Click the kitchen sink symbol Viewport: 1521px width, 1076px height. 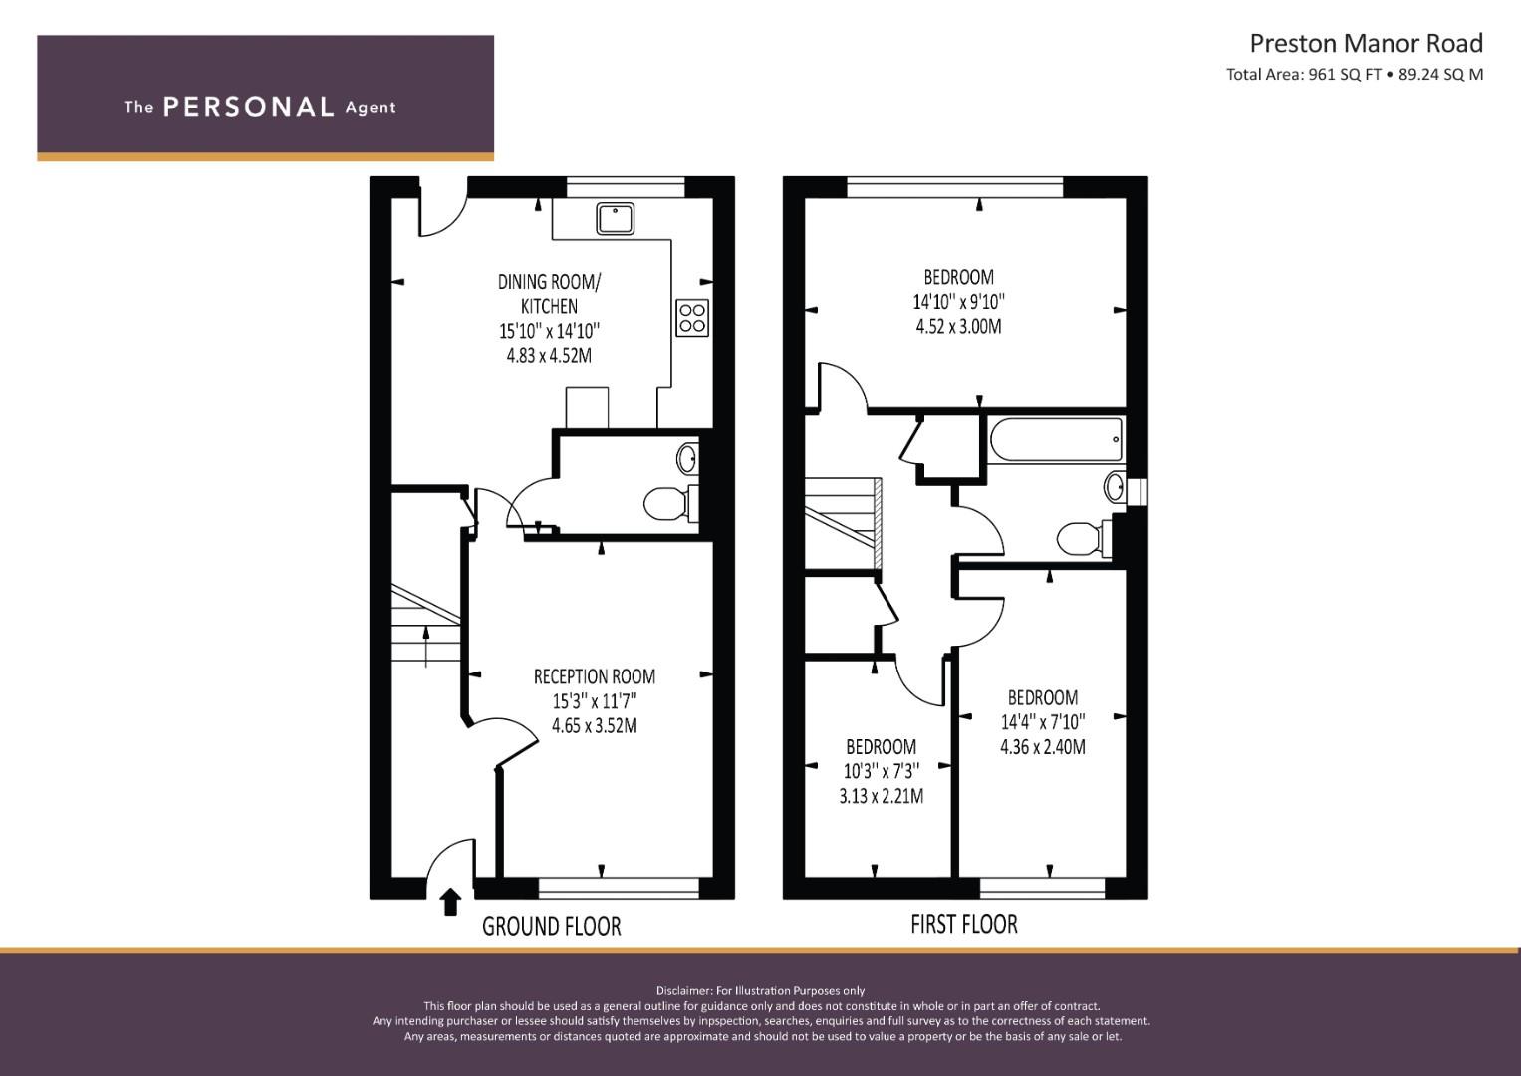[x=616, y=219]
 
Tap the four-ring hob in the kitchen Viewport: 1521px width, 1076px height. [x=692, y=318]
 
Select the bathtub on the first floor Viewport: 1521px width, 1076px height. [x=1056, y=439]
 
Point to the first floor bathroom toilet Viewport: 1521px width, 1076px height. [x=1085, y=539]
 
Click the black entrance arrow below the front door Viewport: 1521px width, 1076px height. [x=450, y=902]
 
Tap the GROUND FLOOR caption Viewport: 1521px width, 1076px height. [x=552, y=926]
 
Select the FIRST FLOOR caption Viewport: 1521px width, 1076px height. [x=964, y=924]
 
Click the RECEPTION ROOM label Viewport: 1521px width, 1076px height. [x=594, y=676]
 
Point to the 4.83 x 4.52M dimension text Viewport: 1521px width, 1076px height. [x=549, y=356]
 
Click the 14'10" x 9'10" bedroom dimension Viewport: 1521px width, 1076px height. [x=958, y=301]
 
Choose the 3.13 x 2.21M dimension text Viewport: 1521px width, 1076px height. [x=881, y=795]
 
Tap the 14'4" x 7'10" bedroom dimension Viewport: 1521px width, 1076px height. [x=1042, y=722]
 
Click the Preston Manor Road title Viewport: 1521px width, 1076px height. [x=1367, y=44]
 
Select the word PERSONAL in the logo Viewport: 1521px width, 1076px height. [x=249, y=107]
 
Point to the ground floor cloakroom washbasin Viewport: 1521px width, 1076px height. [x=688, y=458]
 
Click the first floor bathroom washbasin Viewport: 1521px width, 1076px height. [x=1115, y=487]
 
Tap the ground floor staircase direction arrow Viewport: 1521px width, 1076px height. [x=425, y=646]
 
